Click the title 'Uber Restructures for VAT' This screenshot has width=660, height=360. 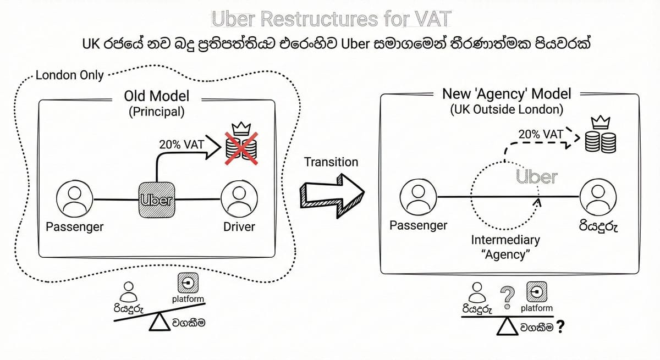330,19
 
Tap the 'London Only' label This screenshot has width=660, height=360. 69,75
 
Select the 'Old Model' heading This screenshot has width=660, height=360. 157,96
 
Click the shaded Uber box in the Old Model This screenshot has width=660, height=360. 157,200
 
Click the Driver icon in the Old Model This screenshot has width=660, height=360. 239,200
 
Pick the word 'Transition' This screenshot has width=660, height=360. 331,162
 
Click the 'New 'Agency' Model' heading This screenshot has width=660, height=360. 507,93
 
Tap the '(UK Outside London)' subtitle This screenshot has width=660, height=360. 507,109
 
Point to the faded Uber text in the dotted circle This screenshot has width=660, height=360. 536,177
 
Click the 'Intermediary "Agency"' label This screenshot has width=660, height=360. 506,247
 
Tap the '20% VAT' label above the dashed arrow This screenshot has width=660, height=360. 541,134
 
